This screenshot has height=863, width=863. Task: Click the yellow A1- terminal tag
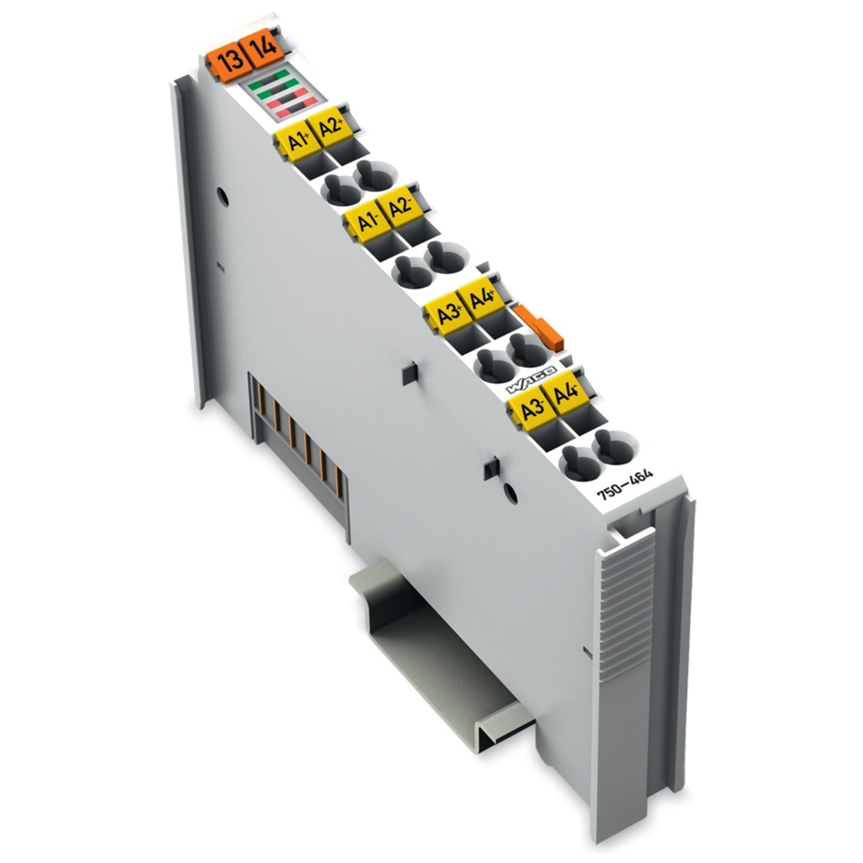[x=365, y=220]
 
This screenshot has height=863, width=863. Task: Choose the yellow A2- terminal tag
[x=399, y=207]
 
